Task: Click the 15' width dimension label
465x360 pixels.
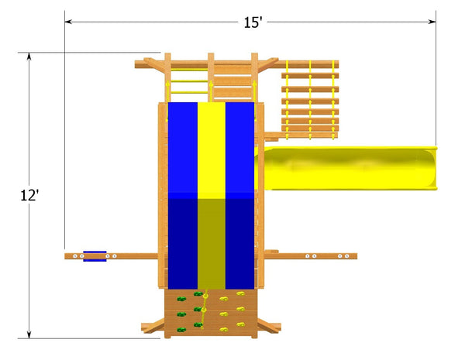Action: (x=253, y=22)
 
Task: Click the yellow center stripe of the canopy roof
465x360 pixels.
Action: (x=211, y=194)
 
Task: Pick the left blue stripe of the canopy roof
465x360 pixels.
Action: (x=182, y=194)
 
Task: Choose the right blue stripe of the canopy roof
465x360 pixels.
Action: (x=239, y=194)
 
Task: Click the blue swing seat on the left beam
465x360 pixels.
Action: (x=95, y=255)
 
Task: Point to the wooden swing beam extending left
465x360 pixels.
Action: (x=116, y=255)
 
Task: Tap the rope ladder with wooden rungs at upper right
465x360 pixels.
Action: (x=310, y=97)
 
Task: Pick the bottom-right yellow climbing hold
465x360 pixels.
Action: (x=240, y=325)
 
